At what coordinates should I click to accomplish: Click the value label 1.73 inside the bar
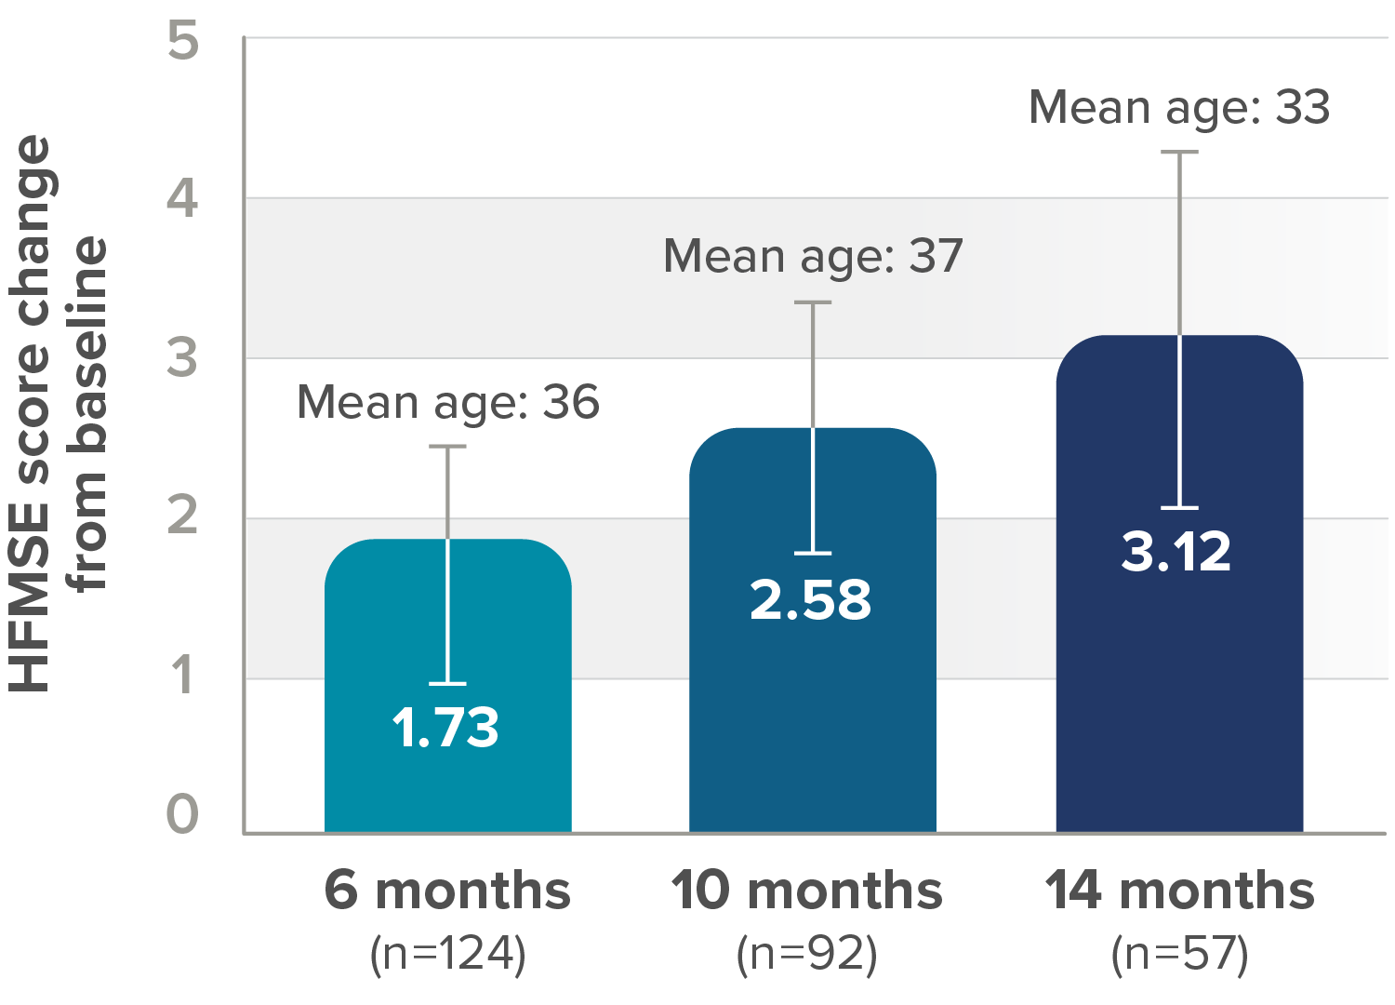pos(445,728)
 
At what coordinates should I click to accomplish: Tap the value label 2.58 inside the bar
pos(811,600)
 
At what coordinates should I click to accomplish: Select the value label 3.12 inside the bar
pos(1176,551)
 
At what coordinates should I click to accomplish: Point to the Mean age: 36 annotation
pos(448,403)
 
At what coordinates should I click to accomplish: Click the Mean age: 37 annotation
pos(813,256)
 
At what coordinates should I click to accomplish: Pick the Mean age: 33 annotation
pos(1179,108)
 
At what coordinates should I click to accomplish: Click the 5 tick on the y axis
pos(183,42)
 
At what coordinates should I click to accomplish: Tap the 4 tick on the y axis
pos(183,199)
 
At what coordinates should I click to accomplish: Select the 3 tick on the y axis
pos(183,357)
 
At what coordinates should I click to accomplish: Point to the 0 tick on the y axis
pos(183,814)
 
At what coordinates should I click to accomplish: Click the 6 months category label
pos(447,891)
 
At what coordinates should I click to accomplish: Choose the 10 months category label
pos(806,891)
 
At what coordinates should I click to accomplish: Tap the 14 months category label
pos(1179,891)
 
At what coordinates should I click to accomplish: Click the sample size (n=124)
pos(447,954)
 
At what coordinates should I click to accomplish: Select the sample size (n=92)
pos(806,954)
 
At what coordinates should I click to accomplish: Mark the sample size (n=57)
pos(1179,954)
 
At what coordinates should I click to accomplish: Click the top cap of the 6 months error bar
pos(447,447)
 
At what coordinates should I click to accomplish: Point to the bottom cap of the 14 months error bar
pos(1179,508)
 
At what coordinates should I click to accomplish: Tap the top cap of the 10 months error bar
pos(813,302)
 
